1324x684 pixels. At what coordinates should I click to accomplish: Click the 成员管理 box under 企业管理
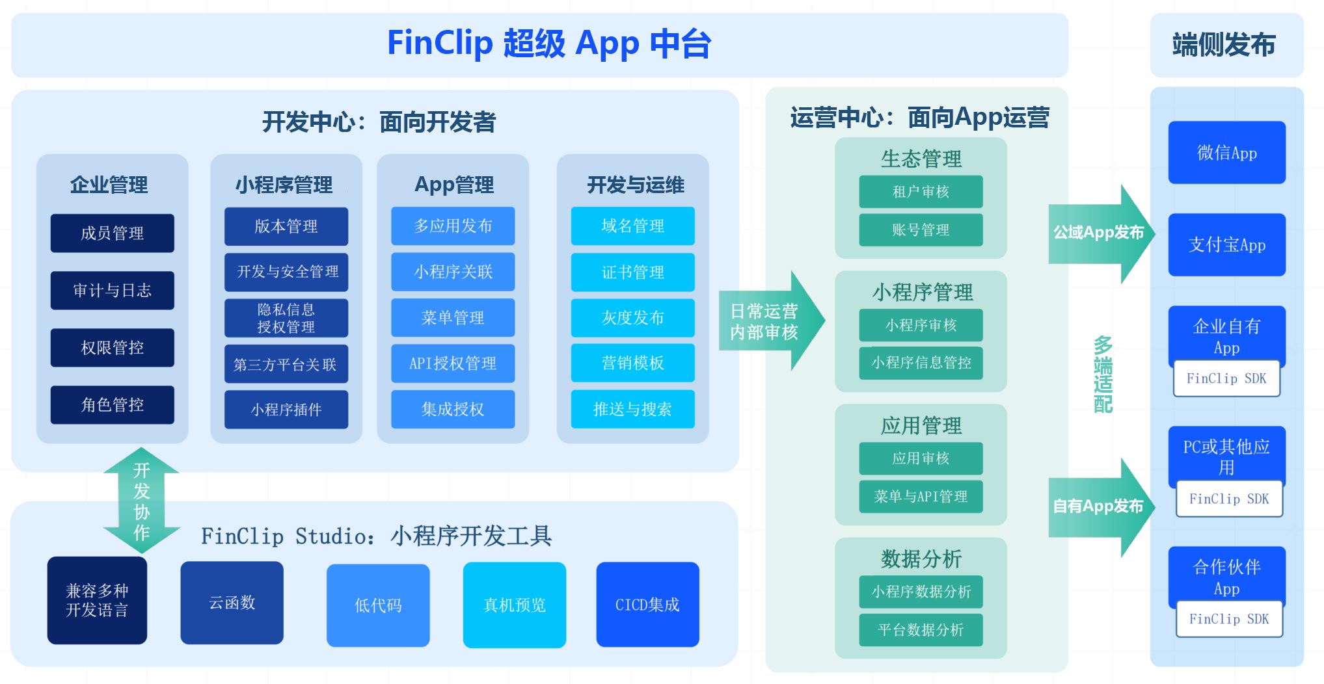pyautogui.click(x=112, y=233)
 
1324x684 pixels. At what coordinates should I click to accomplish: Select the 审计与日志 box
pyautogui.click(x=112, y=290)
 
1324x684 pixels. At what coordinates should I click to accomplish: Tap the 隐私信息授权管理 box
pyautogui.click(x=286, y=318)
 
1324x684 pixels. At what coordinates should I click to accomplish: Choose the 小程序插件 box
pyautogui.click(x=286, y=409)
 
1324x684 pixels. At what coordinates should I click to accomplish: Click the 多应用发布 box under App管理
pyautogui.click(x=453, y=226)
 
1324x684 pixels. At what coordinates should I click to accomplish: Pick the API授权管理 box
pyautogui.click(x=453, y=363)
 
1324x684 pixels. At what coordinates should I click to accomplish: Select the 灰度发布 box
pyautogui.click(x=632, y=317)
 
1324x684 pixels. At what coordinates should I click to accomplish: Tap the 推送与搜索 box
pyautogui.click(x=632, y=409)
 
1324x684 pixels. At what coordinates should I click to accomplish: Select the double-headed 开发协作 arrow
pyautogui.click(x=141, y=500)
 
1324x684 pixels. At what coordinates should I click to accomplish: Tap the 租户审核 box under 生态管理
pyautogui.click(x=921, y=192)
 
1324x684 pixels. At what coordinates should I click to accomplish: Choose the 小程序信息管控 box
pyautogui.click(x=921, y=363)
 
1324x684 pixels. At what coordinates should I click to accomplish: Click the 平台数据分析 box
pyautogui.click(x=921, y=629)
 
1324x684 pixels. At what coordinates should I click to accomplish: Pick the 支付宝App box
pyautogui.click(x=1226, y=244)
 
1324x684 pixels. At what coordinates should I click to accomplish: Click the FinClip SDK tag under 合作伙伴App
pyautogui.click(x=1229, y=619)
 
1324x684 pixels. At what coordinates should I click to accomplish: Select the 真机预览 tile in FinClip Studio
pyautogui.click(x=514, y=605)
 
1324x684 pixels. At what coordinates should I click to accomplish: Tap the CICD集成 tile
pyautogui.click(x=647, y=605)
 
